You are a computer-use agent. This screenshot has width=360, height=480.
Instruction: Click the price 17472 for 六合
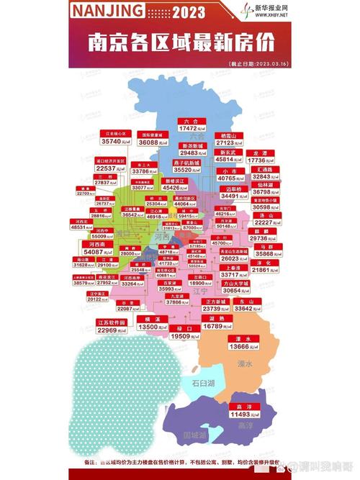tap(192, 129)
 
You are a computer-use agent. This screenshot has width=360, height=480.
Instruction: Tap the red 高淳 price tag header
tap(244, 407)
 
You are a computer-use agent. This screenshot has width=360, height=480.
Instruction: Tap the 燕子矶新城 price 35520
tap(190, 171)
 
